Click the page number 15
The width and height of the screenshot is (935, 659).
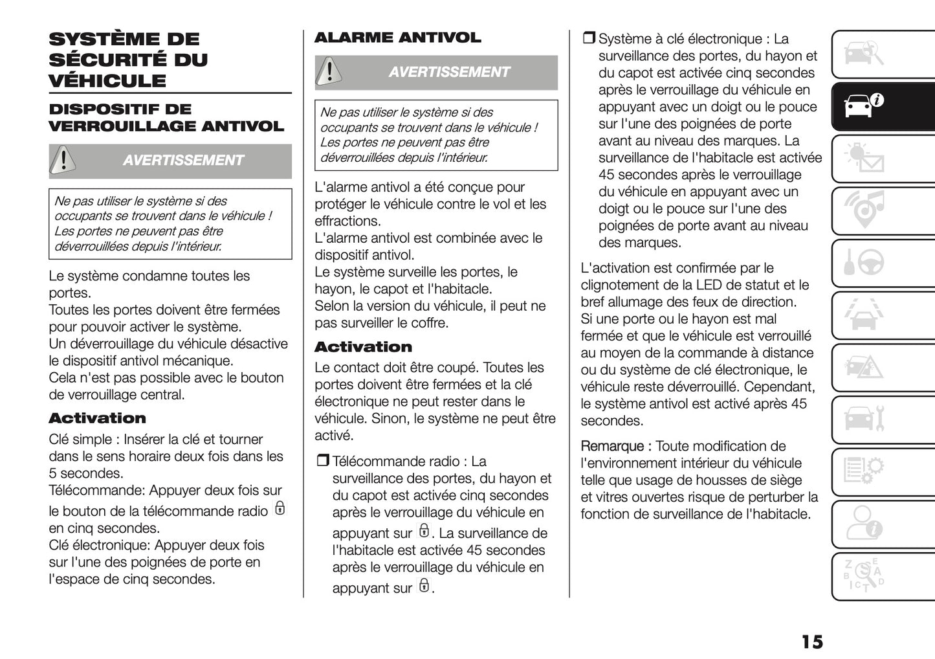812,642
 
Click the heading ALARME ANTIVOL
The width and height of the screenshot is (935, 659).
397,38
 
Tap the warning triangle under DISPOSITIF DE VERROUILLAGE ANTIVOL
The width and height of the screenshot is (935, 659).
63,160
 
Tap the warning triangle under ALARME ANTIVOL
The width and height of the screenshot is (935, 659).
329,72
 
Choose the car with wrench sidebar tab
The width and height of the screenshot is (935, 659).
864,419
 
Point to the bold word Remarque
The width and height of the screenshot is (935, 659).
611,446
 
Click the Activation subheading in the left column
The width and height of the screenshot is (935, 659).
97,418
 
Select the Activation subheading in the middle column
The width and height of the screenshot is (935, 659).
363,347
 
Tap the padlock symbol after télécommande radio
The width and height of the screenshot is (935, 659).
280,508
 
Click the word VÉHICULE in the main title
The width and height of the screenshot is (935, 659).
107,81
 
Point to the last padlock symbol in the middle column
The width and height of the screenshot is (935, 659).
424,586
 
